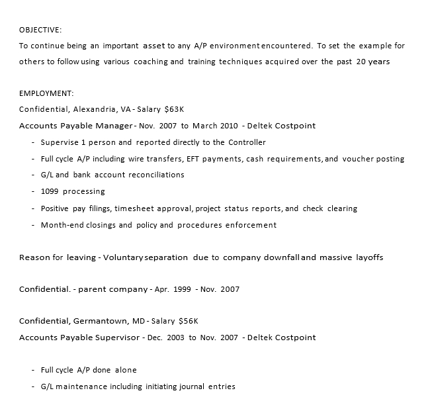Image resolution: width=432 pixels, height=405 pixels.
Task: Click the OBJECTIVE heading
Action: [x=40, y=30]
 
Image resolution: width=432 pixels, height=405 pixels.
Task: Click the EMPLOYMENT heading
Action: [x=46, y=93]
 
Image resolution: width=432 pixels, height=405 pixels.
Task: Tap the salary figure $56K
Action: [x=189, y=321]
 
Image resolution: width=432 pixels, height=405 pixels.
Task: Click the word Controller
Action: [x=247, y=142]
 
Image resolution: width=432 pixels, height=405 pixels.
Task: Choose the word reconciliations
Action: [x=151, y=175]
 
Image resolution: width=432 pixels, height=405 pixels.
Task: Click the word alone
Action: [x=126, y=370]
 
